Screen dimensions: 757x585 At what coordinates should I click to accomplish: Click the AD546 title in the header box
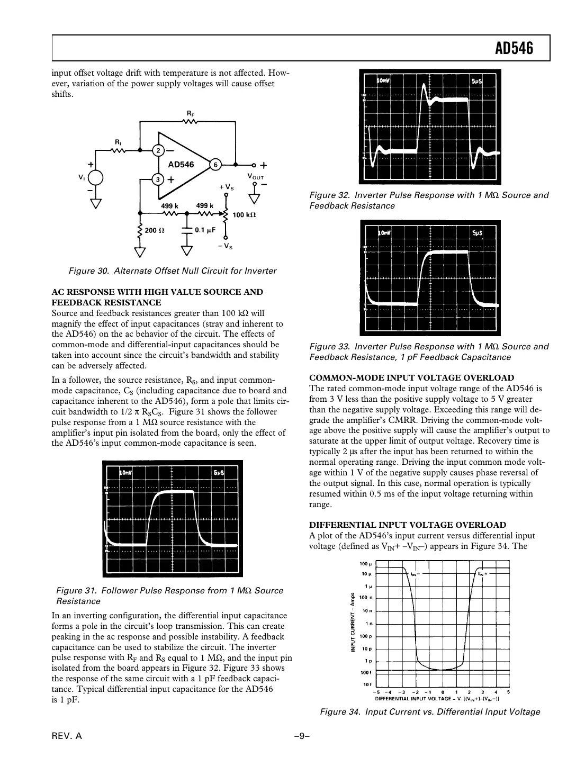click(514, 49)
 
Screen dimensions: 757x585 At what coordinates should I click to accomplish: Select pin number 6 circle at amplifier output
click(215, 164)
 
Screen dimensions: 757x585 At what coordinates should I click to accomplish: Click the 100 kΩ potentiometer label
click(244, 215)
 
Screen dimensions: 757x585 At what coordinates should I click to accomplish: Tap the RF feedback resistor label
click(190, 113)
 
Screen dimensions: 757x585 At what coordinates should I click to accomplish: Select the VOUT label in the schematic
click(256, 176)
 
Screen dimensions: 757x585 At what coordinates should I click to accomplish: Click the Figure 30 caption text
click(173, 271)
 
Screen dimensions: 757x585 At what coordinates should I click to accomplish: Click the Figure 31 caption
click(169, 596)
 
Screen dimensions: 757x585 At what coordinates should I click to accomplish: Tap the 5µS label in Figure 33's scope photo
click(476, 233)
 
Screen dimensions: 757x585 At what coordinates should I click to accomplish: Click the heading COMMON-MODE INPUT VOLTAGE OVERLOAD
click(411, 378)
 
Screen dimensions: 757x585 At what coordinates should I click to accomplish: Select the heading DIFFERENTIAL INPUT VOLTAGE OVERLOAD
click(407, 525)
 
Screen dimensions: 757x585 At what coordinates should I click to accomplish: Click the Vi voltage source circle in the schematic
click(95, 178)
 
